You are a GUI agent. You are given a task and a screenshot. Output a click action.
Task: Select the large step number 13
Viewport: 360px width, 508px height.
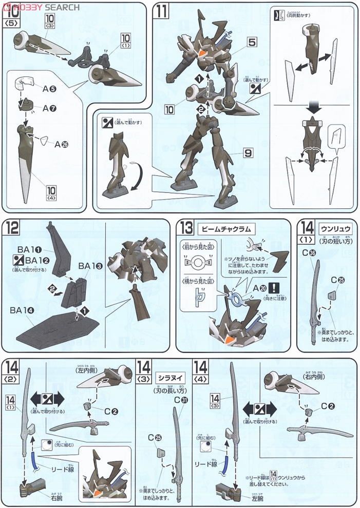pos(186,227)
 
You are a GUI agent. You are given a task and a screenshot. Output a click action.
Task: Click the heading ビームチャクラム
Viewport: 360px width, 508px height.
pos(219,227)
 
